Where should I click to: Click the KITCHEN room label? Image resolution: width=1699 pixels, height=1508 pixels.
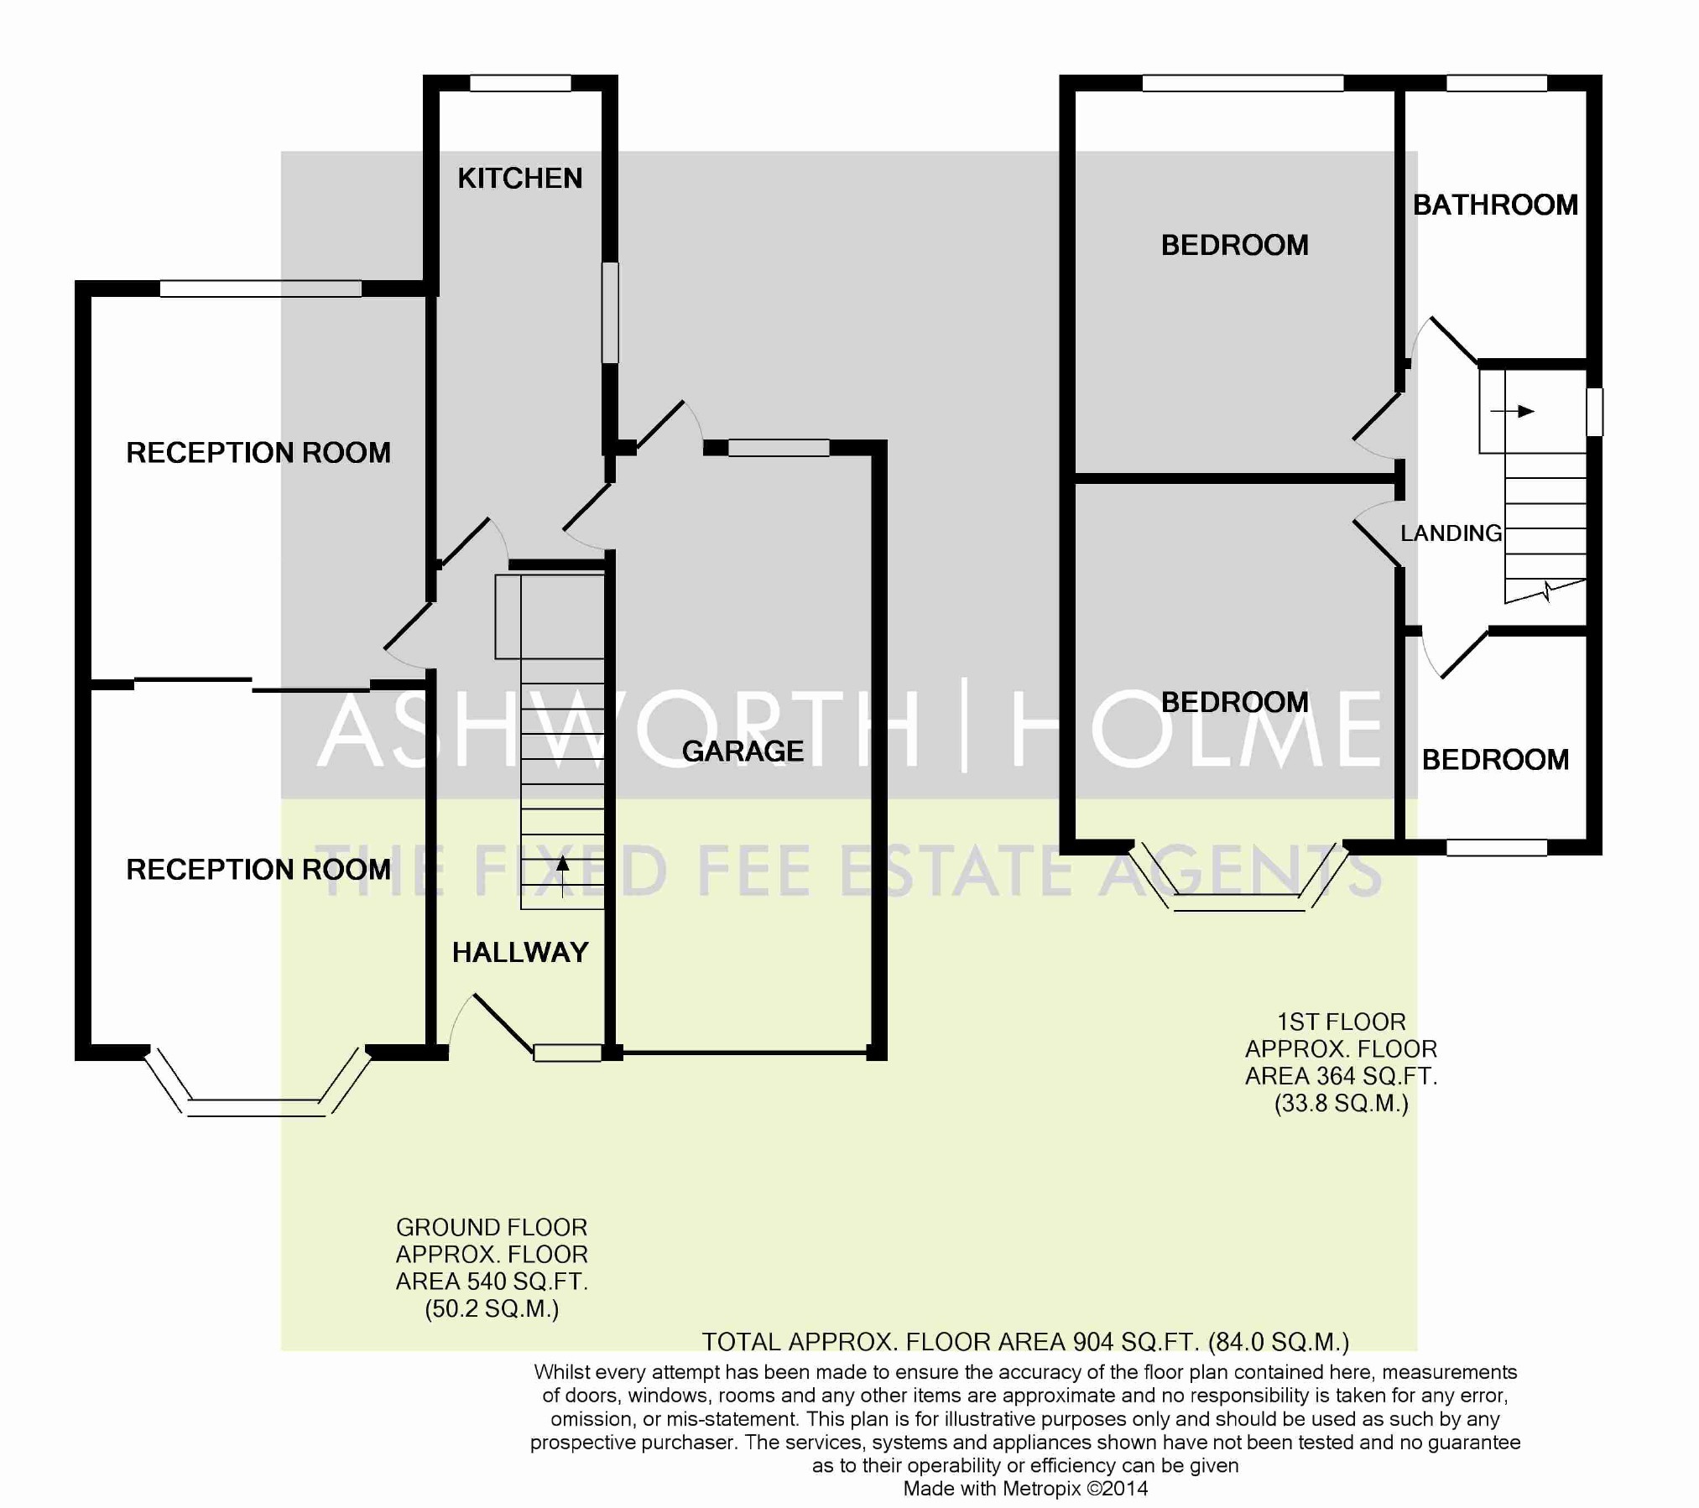tap(519, 178)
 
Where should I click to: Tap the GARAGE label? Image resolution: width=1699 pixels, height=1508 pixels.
tap(743, 751)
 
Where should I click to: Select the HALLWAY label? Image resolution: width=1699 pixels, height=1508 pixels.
tap(520, 952)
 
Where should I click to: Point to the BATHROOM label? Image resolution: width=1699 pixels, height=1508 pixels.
tap(1495, 205)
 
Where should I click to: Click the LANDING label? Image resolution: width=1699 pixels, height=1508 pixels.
tap(1451, 533)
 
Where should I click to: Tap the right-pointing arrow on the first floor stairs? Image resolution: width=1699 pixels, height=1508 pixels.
tap(1512, 411)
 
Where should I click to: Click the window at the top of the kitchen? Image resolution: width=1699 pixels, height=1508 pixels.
tap(520, 83)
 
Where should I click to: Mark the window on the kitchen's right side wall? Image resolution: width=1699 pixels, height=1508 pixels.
tap(611, 313)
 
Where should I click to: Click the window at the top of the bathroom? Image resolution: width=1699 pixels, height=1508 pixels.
tap(1497, 83)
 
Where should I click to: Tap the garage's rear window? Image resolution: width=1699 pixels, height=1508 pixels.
tap(779, 448)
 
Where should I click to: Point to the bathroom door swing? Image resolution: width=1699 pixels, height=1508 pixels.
tap(1443, 340)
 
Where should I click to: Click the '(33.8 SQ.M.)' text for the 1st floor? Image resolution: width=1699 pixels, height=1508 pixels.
tap(1341, 1103)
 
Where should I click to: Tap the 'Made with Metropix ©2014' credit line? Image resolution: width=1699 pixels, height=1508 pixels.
tap(1025, 1489)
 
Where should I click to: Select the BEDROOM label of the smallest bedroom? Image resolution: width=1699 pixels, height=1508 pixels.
tap(1495, 760)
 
